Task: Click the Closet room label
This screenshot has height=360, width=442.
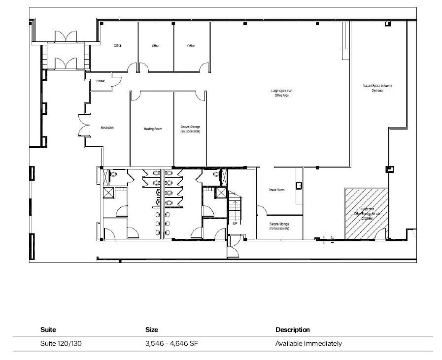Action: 100,81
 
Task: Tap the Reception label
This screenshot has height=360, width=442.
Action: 107,128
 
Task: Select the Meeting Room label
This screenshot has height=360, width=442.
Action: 152,129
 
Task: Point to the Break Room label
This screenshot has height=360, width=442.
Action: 276,190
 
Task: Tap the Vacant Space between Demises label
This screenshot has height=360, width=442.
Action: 377,88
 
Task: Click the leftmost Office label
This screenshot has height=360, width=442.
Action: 118,46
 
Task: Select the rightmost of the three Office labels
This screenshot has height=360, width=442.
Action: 191,46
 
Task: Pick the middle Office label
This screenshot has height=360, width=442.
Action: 155,46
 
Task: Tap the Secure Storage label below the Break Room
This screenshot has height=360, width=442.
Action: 279,226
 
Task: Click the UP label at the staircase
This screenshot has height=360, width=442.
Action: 235,224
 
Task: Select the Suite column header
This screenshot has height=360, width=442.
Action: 48,329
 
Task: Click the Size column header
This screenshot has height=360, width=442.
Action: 151,329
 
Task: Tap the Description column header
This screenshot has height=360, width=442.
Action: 293,329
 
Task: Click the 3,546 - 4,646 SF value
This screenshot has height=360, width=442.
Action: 169,343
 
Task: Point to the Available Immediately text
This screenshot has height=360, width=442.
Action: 308,343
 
